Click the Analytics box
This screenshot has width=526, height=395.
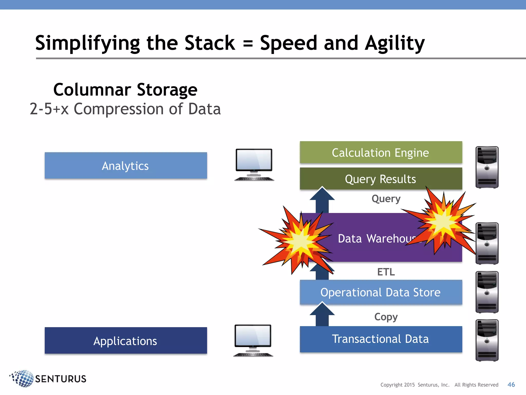tap(126, 165)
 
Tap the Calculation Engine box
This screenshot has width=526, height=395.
tap(381, 152)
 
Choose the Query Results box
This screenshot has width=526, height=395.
tap(381, 178)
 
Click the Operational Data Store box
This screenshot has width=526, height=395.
tap(381, 292)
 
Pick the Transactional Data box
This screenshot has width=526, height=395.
tap(381, 339)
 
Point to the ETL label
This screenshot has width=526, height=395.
tap(386, 272)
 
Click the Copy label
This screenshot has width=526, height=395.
tap(386, 317)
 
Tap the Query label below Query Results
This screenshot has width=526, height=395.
tap(386, 199)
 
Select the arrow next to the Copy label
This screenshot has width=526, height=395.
tap(322, 315)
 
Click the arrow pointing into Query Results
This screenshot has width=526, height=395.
tap(322, 199)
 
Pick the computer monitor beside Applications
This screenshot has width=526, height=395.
tap(253, 340)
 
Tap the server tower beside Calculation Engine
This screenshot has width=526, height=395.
tap(487, 167)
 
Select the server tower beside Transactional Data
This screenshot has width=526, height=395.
tap(487, 340)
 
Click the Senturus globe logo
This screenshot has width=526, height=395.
tap(23, 379)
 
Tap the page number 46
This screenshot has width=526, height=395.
tap(511, 384)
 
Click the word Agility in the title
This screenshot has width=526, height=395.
tap(395, 43)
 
